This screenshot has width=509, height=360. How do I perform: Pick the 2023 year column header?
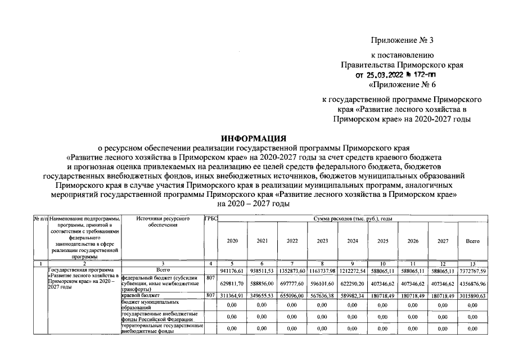[x=322, y=241]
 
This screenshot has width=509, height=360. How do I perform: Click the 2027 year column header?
[x=442, y=241]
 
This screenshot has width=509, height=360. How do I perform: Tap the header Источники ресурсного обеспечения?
[x=162, y=221]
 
